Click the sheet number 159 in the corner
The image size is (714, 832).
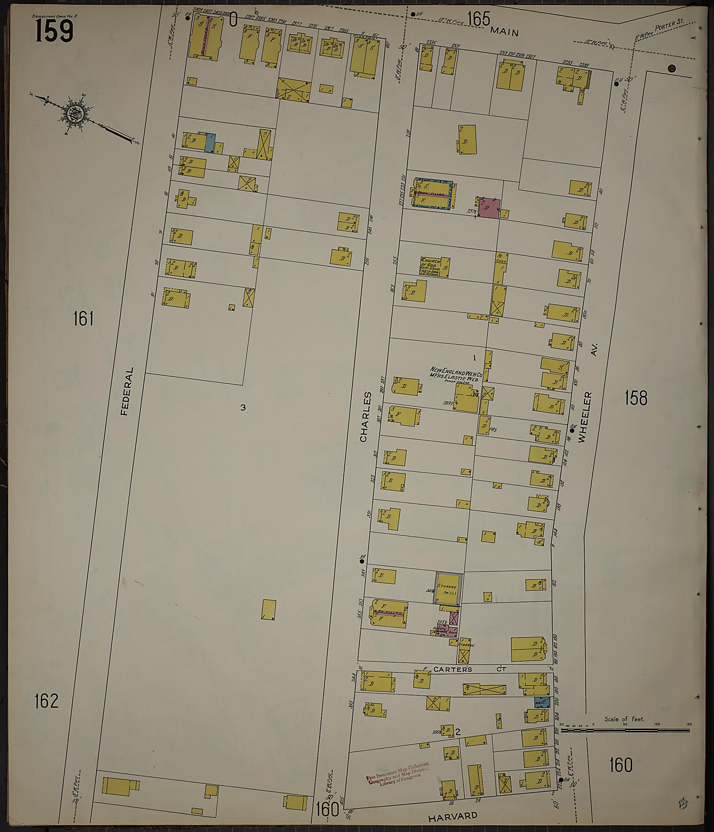54,31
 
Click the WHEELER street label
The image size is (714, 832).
585,418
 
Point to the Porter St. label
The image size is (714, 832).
669,25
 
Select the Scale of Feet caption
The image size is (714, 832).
624,719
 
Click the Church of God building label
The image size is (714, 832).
431,267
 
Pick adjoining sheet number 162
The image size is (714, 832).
47,701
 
